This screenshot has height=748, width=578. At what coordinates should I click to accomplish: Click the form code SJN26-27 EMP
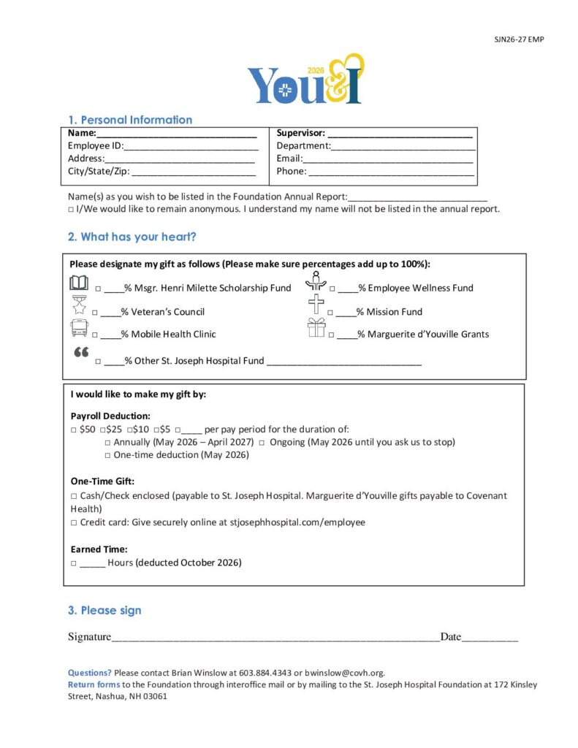pos(520,39)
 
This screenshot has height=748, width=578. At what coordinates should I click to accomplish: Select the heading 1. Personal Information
pos(130,120)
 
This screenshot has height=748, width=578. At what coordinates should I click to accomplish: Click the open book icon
pos(78,283)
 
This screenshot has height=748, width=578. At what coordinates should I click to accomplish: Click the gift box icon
pos(316,328)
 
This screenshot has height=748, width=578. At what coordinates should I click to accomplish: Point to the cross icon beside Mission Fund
pos(316,304)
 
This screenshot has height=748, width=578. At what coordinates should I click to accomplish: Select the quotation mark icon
pos(81,352)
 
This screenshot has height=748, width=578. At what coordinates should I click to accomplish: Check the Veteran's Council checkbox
pos(96,313)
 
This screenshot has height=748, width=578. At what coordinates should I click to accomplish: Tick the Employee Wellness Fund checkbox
pos(332,289)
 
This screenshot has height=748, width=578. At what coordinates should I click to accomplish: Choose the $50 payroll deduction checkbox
pos(74,430)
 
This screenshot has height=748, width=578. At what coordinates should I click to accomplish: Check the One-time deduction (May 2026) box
pos(107,455)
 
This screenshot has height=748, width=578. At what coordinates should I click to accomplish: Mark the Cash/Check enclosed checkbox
pos(74,496)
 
